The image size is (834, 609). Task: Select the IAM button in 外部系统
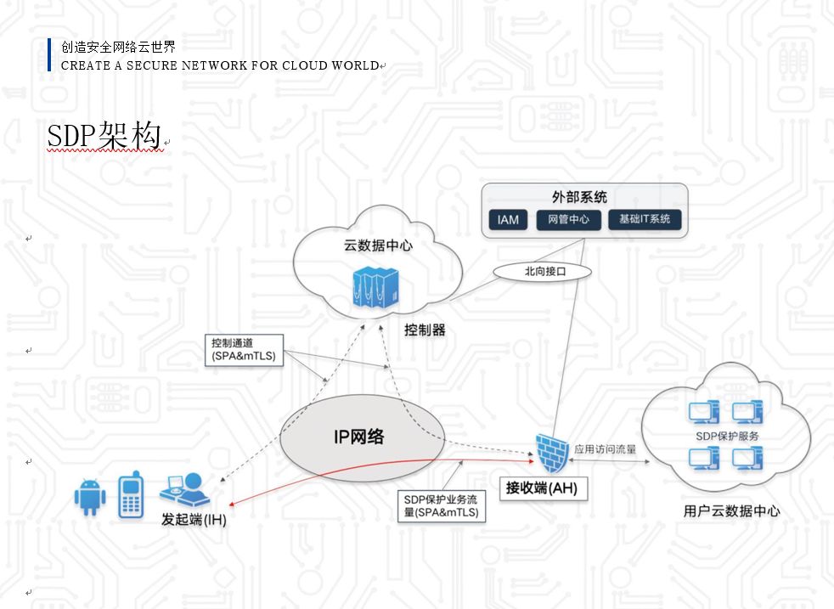tap(508, 220)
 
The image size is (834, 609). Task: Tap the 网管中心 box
tap(569, 220)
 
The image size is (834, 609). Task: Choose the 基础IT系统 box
tap(645, 220)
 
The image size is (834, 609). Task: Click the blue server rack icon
tap(374, 289)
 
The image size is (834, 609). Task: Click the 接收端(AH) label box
tap(542, 488)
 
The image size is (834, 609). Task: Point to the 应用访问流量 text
tap(605, 448)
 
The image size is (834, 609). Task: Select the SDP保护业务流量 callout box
tap(442, 506)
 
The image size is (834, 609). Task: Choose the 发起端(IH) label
tap(194, 518)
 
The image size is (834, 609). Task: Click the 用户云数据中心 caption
tap(731, 511)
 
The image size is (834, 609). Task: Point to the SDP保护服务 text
tap(727, 436)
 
